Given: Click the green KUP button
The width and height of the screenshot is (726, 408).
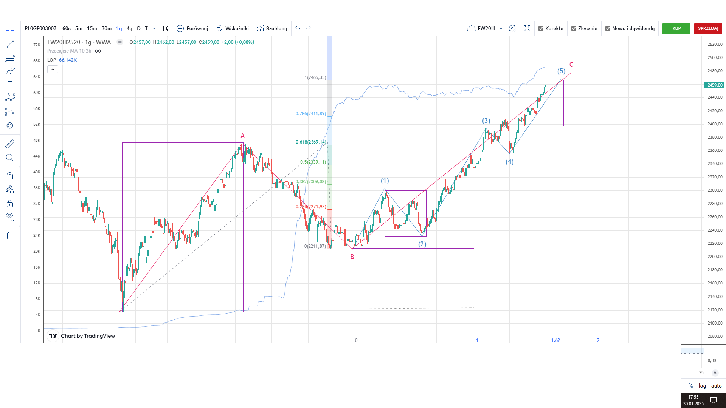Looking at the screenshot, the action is click(676, 28).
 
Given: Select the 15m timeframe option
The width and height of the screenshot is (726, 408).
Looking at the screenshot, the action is click(92, 28).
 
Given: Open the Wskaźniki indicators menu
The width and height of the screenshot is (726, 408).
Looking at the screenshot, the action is click(233, 28).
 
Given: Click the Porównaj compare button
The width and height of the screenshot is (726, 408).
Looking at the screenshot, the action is click(192, 28).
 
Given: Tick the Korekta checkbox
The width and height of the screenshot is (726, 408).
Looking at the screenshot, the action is click(541, 28).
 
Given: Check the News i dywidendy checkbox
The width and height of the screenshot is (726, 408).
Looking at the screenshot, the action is click(608, 28).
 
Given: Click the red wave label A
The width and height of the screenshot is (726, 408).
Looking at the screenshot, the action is click(243, 136).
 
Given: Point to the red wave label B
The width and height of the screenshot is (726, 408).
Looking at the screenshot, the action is click(352, 257).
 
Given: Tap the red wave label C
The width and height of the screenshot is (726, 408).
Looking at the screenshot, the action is click(571, 65).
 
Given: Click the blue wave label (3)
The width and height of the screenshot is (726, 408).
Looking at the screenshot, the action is click(486, 121).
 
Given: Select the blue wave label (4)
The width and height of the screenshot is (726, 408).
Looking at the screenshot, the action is click(510, 162).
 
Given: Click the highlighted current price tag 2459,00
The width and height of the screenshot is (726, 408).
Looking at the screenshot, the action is click(715, 85).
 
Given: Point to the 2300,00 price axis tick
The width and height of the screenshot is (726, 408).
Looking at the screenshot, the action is click(715, 190).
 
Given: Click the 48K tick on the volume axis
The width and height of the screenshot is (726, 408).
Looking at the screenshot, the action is click(37, 140).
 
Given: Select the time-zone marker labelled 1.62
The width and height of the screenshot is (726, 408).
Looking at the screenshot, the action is click(555, 340).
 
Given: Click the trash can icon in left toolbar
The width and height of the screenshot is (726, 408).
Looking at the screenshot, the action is click(10, 236).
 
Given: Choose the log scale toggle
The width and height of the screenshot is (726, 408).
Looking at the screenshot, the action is click(702, 386).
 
